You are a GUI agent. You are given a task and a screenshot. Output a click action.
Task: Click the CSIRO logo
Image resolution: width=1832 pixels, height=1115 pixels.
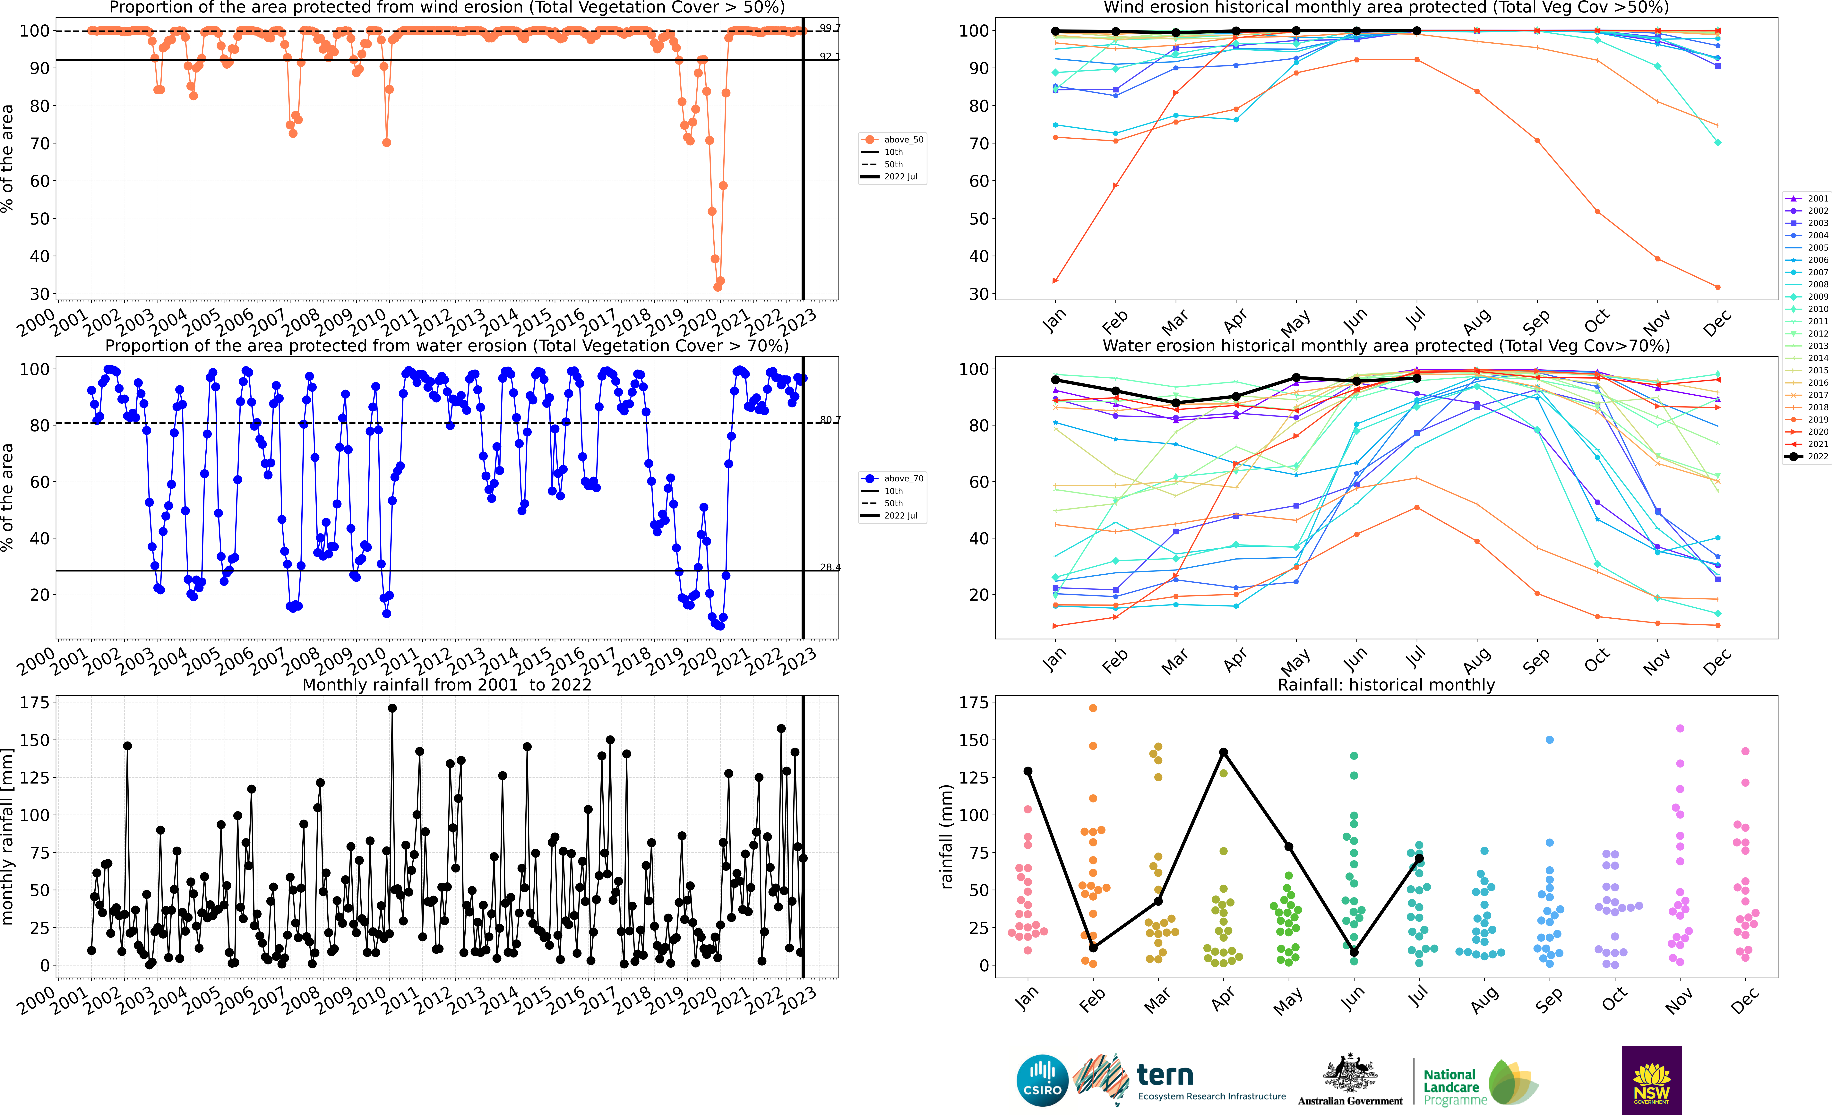1042,1080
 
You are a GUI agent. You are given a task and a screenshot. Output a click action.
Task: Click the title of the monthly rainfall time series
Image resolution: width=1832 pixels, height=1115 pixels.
446,685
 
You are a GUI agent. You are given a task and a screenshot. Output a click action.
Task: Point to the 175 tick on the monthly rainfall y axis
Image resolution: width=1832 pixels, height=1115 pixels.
34,702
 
